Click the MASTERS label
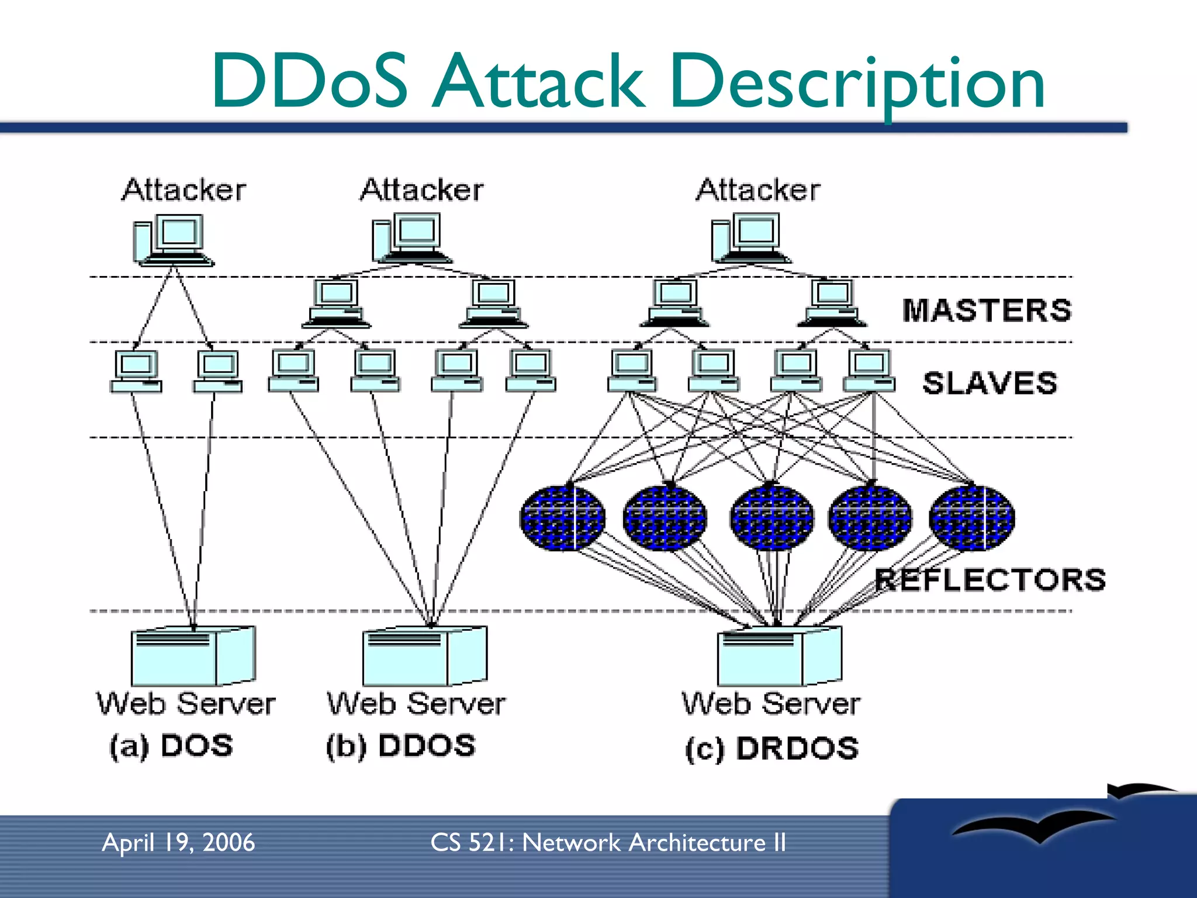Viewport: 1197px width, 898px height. coord(987,310)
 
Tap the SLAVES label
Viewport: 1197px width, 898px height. coord(990,384)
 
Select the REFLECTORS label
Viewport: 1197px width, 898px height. coord(990,580)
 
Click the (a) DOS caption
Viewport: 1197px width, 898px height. coord(171,747)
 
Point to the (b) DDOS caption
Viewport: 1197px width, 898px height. coord(401,747)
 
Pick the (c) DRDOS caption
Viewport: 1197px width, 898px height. coord(772,749)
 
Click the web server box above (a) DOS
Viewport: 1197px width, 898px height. coord(193,656)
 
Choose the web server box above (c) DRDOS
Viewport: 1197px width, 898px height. coord(780,656)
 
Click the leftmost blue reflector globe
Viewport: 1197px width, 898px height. coord(562,519)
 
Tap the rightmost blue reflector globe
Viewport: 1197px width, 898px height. coord(972,519)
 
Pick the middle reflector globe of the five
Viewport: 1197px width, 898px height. coord(772,519)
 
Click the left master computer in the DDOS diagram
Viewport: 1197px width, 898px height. coord(336,303)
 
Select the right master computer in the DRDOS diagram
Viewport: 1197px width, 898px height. coord(832,303)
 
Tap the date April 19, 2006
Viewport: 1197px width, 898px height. coord(178,842)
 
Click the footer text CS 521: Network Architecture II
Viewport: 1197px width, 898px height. coord(608,842)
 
